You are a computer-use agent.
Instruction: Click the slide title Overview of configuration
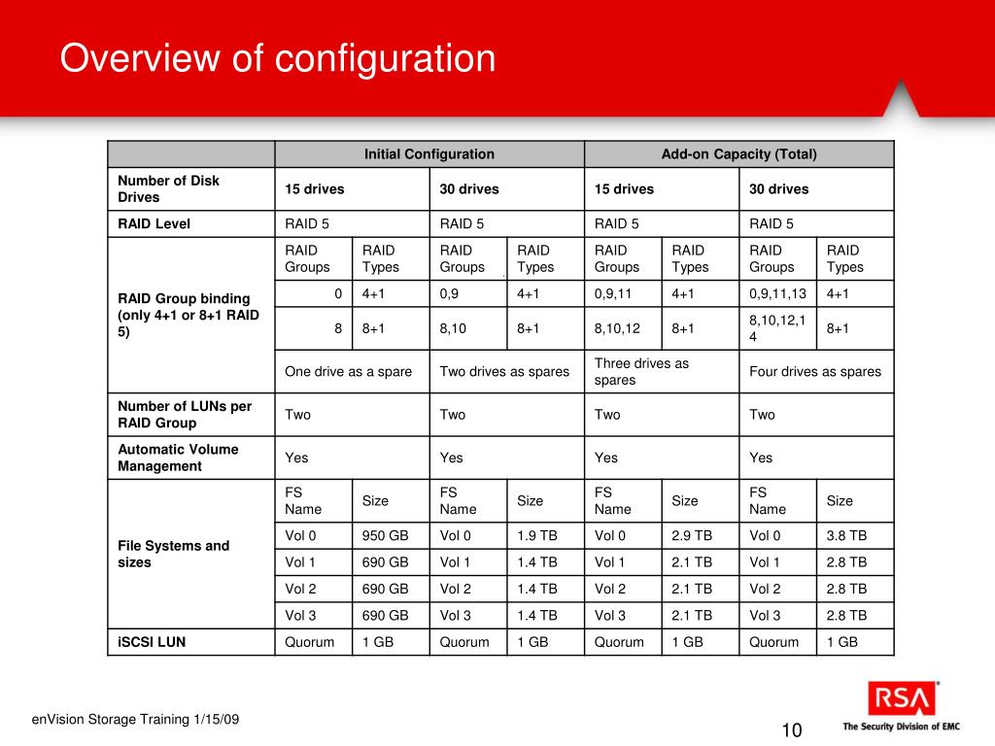pos(278,58)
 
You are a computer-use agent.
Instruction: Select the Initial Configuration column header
pos(429,153)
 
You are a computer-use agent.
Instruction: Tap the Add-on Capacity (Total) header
pos(738,153)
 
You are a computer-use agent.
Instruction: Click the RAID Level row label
pos(154,223)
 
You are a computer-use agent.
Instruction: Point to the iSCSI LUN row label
pos(152,642)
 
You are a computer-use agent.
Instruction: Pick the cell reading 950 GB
pos(386,535)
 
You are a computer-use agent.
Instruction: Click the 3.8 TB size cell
pos(846,535)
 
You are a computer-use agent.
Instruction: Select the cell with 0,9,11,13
pos(777,293)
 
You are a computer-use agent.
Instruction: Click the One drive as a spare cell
pos(349,371)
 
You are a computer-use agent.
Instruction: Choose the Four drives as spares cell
pos(815,371)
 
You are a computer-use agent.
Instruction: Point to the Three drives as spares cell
pos(641,371)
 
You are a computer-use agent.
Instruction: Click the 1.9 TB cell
pos(537,535)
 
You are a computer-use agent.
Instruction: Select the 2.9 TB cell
pos(692,535)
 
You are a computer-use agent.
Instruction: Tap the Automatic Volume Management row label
pos(178,458)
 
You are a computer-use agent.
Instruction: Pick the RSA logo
pos(904,699)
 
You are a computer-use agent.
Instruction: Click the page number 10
pos(791,730)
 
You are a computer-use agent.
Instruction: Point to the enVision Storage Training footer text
pos(135,719)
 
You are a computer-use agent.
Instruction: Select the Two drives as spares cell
pos(504,371)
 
